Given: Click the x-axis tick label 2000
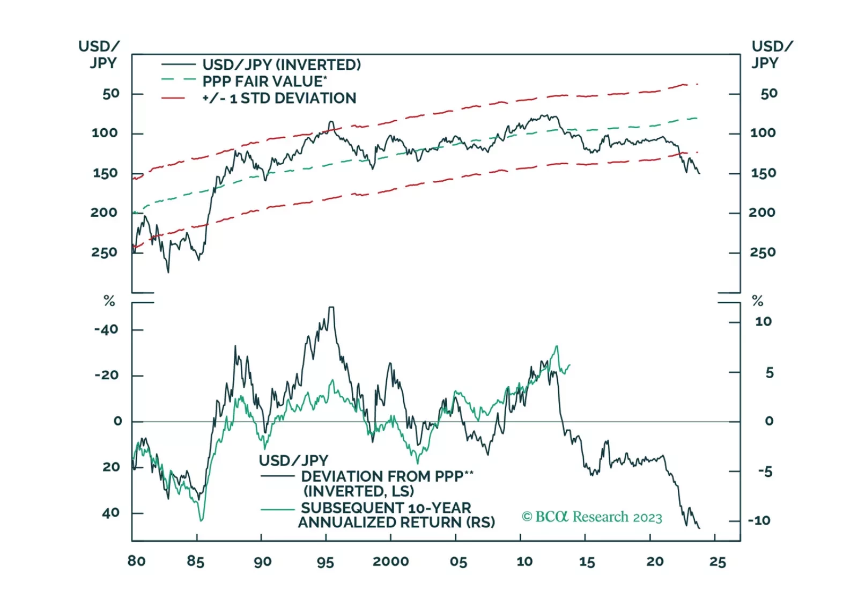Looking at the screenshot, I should point(390,562).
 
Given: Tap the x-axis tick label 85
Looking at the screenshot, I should point(196,562).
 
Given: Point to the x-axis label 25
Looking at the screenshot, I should point(718,562).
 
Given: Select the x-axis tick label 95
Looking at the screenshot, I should point(326,562).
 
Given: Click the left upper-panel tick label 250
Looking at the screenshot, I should point(104,252).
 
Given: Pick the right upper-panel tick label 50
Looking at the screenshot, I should point(768,94).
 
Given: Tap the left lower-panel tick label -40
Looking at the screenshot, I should point(106,329).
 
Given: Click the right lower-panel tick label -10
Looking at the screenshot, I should point(759,520).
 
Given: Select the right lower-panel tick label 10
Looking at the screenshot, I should point(763,321).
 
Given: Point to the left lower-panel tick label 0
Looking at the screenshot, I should point(117,421).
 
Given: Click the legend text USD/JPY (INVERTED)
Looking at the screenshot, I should point(282,65).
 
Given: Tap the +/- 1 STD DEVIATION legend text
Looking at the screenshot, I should point(279,98).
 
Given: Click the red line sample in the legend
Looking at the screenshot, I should point(173,98).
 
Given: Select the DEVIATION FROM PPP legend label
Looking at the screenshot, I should point(387,476).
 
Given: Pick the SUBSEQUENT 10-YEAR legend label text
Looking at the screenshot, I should point(386,507).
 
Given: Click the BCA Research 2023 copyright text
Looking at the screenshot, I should point(592,517).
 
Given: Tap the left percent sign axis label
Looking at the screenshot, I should point(109,301).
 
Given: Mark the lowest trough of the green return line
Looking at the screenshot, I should point(201,520).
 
